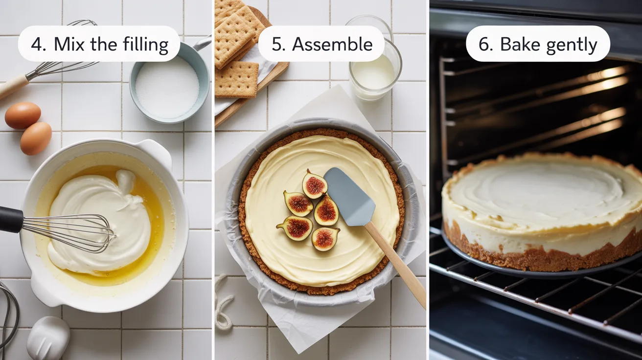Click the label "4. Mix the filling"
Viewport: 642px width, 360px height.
click(99, 44)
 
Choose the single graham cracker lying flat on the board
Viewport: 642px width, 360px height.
click(237, 79)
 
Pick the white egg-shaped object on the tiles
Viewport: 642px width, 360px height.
click(48, 338)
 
